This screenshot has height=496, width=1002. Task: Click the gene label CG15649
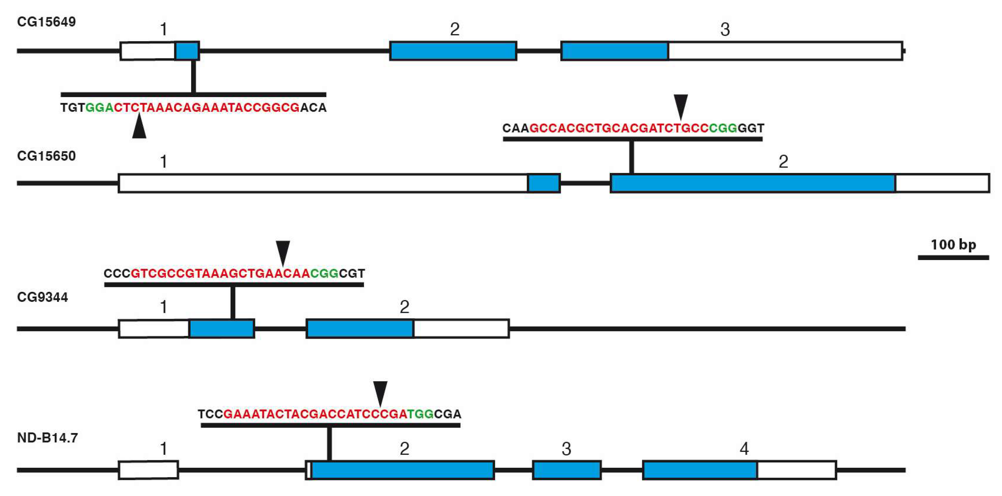click(x=46, y=22)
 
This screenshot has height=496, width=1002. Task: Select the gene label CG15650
click(x=46, y=156)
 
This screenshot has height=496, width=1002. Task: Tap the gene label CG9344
click(x=43, y=297)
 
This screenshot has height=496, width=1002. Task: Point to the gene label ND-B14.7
click(x=47, y=438)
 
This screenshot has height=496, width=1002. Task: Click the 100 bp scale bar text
click(x=953, y=245)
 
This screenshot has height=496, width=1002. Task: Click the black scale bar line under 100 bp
click(x=953, y=257)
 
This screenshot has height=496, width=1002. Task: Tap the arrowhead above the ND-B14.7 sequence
click(x=380, y=392)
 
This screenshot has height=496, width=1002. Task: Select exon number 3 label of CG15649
click(x=725, y=30)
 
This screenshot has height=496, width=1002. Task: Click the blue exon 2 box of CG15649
click(x=453, y=51)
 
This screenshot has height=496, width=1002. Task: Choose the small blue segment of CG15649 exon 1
click(x=187, y=51)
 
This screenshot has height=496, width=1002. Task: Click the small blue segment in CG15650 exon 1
click(x=544, y=183)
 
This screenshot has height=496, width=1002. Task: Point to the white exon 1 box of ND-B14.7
click(x=148, y=470)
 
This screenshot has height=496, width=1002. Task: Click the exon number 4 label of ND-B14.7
click(x=744, y=449)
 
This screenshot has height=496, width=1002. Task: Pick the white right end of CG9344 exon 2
click(x=461, y=329)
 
